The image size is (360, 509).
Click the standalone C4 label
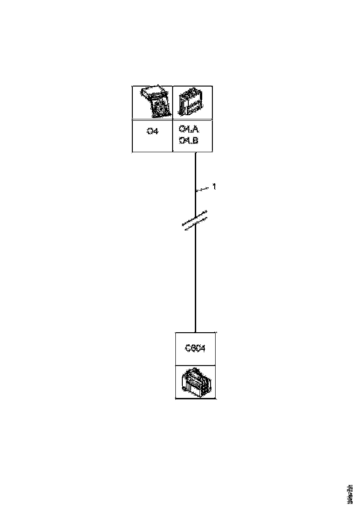153,131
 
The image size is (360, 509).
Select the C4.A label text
188,129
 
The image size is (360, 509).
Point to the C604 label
195,349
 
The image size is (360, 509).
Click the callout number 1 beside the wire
214,186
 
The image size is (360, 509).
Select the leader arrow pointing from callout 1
202,189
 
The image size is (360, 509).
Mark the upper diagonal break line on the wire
194,218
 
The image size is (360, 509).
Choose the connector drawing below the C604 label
196,382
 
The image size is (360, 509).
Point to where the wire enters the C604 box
195,332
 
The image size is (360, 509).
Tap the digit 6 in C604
193,349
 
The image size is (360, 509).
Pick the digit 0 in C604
198,349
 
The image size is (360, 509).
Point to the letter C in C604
188,349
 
